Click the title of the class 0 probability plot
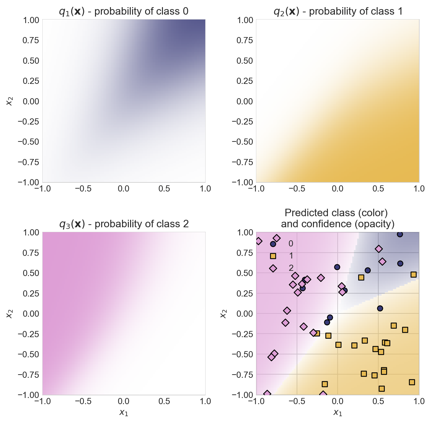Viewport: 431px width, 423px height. click(124, 11)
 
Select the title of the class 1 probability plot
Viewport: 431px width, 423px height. click(338, 11)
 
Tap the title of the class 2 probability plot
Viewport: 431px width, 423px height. click(124, 224)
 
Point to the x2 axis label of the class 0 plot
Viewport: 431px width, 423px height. click(10, 101)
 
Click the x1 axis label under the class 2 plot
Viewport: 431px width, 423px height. click(124, 412)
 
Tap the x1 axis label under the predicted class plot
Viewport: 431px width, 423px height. click(338, 412)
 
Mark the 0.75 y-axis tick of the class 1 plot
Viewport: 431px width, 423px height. click(244, 40)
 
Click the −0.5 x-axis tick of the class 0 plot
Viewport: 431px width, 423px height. click(83, 189)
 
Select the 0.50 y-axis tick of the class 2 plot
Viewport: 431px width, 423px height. click(31, 273)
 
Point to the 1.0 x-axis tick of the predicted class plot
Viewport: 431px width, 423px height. click(419, 401)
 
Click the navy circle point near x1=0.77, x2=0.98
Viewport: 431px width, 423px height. click(400, 234)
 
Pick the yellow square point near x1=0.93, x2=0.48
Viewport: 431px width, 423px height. click(413, 274)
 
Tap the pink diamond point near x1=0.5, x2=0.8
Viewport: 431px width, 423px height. click(379, 249)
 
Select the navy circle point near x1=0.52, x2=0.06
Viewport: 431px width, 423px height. click(380, 308)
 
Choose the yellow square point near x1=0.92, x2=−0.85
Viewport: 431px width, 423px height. click(412, 382)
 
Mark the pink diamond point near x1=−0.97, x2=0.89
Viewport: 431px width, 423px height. click(259, 241)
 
